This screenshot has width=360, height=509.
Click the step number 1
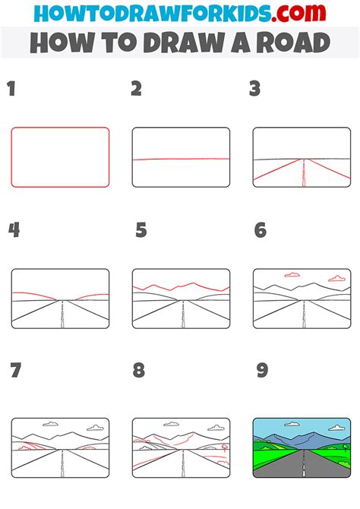11,89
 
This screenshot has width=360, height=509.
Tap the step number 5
141,230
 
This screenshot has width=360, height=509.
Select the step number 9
262,370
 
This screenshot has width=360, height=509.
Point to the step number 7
16,370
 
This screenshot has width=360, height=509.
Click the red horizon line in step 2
181,159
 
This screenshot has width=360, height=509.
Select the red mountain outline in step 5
181,286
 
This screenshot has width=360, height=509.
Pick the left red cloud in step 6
292,275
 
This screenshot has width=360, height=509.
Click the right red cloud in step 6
337,279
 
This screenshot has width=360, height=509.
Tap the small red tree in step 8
224,447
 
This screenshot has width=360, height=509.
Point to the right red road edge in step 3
329,169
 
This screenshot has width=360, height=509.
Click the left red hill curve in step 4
34,295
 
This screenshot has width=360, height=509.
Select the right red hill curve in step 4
92,296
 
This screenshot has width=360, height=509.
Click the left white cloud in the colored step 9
292,424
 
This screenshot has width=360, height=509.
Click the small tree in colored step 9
345,447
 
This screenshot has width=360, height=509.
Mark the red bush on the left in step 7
25,447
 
